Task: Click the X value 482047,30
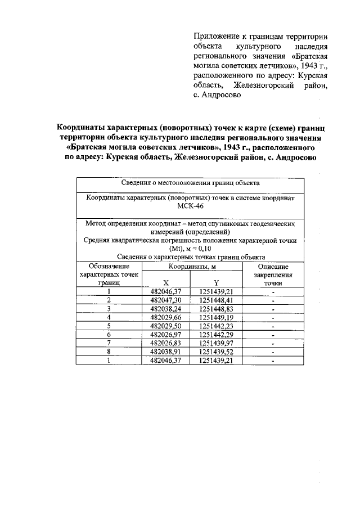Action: pos(166,300)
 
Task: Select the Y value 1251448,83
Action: pos(216,309)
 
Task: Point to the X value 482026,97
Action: pos(166,335)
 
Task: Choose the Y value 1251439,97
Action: pos(216,343)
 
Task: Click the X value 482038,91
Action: pos(166,352)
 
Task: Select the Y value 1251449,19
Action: pos(216,317)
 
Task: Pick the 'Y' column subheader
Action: pos(216,282)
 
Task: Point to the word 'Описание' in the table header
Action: pos(273,266)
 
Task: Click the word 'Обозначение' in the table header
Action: pos(109,266)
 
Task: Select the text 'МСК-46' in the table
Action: pos(190,206)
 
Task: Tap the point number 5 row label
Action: pos(109,326)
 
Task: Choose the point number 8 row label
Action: pos(109,352)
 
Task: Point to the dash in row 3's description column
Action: pos(273,309)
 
